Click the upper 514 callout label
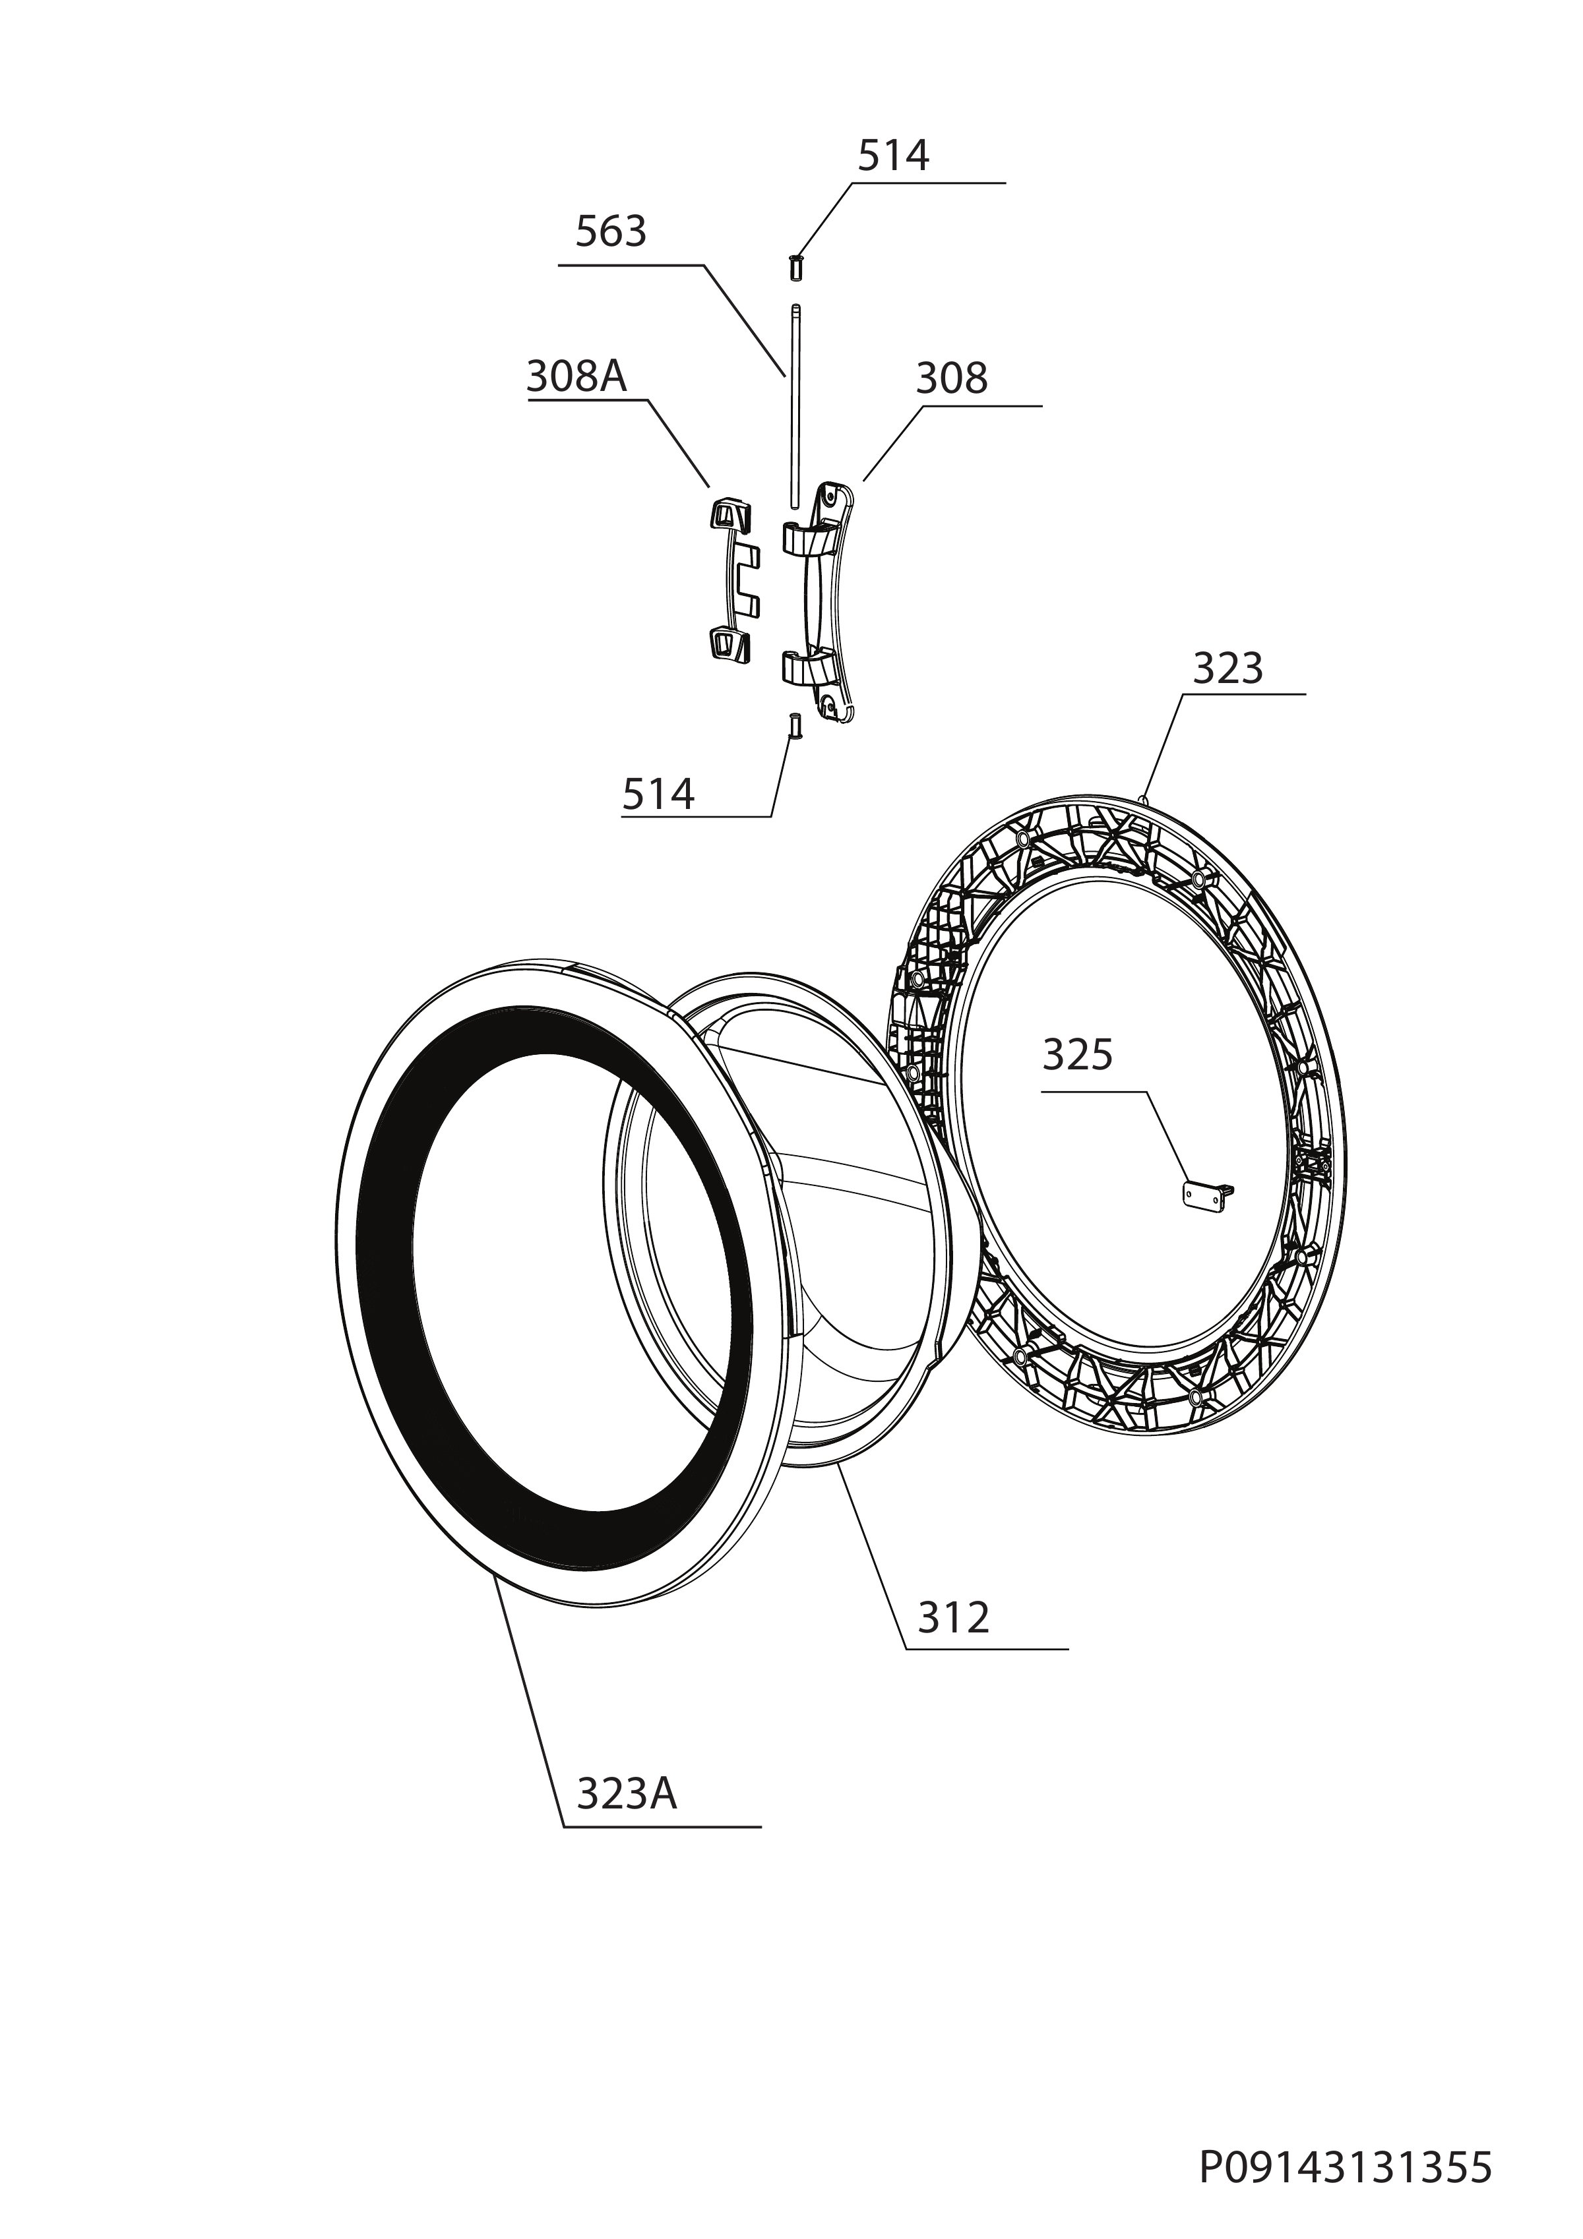(894, 156)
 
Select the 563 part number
(611, 232)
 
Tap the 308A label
(576, 376)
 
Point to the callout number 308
(951, 378)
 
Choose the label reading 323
(1228, 669)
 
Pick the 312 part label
(953, 1618)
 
